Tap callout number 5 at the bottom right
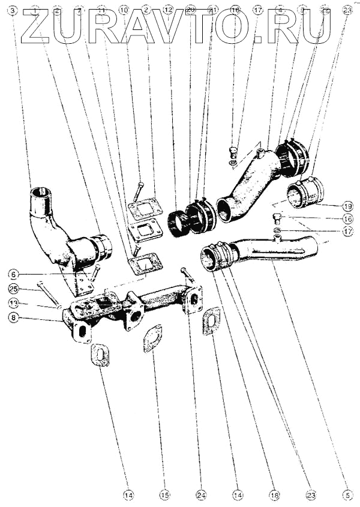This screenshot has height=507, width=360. (x=346, y=495)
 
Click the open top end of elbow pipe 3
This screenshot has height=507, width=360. (x=40, y=193)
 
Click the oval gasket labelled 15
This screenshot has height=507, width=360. (x=154, y=338)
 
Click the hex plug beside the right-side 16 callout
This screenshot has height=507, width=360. (x=277, y=218)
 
